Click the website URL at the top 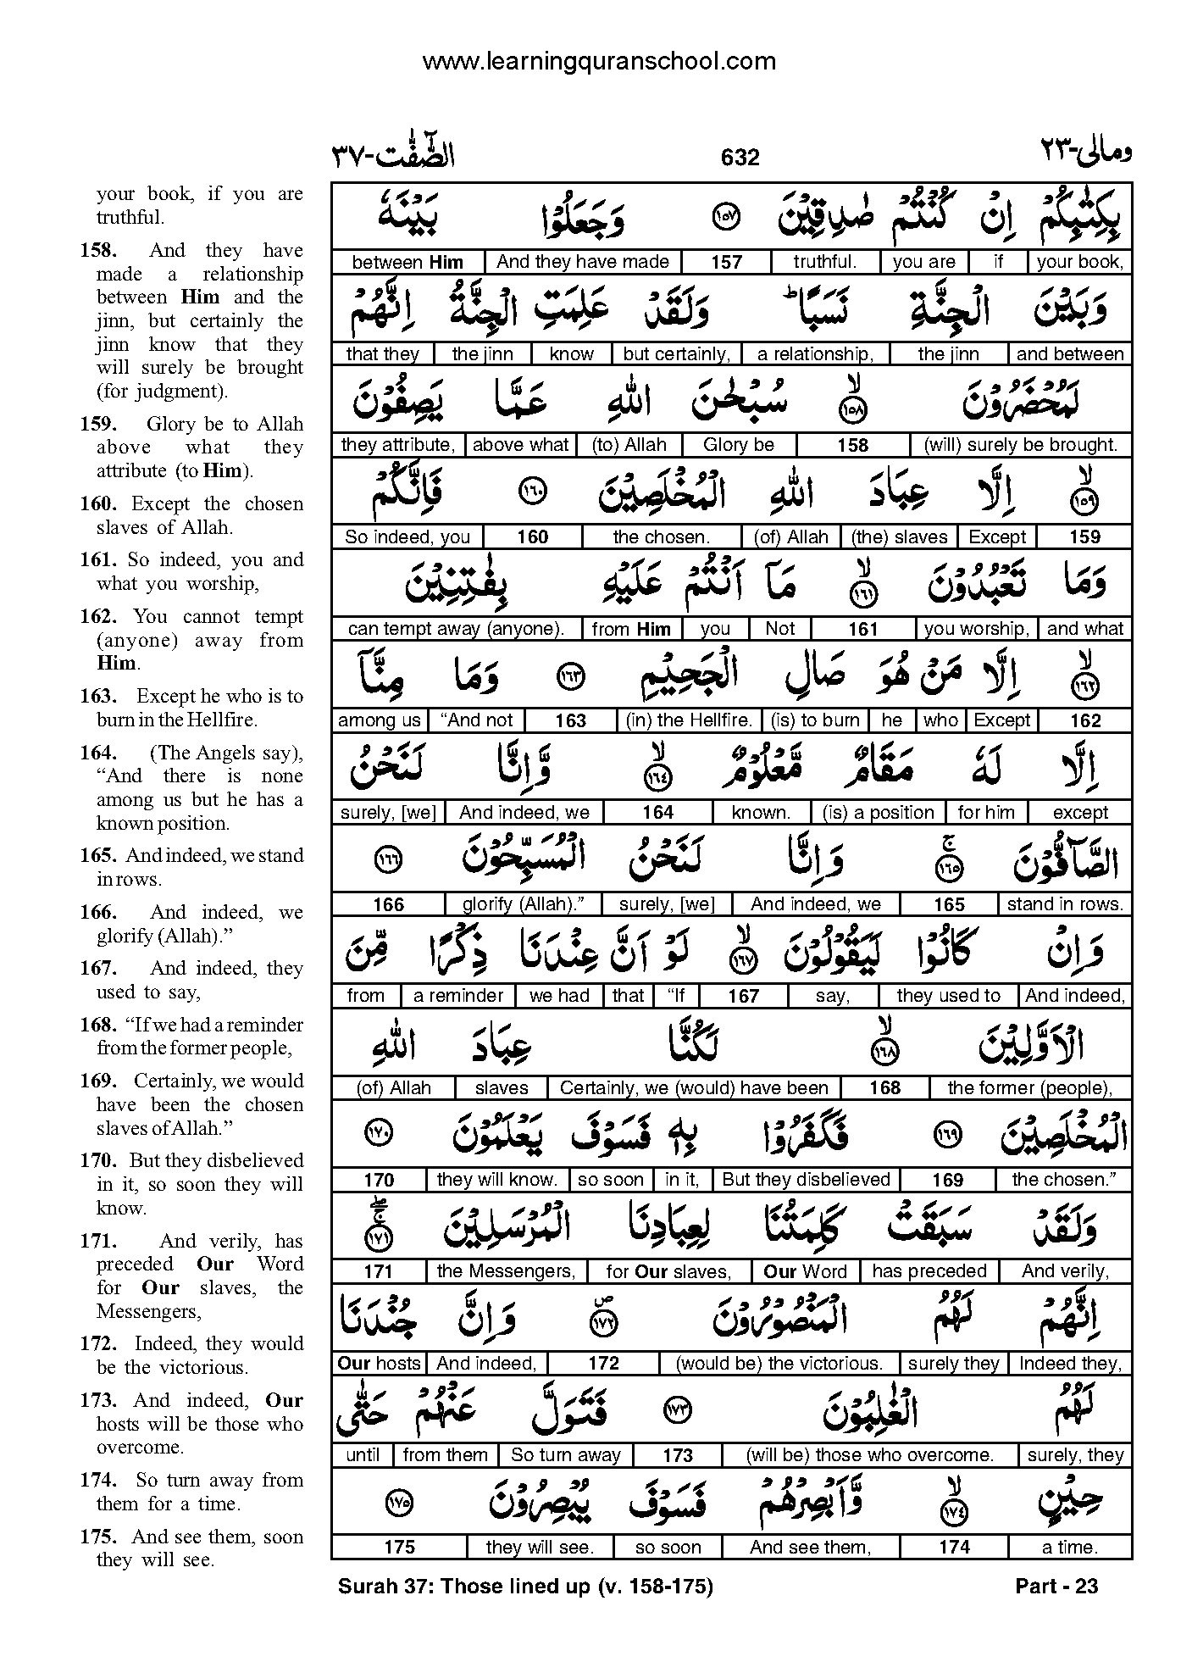tap(598, 61)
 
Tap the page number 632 tap(740, 158)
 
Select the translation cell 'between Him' tap(407, 262)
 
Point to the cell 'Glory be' tap(739, 445)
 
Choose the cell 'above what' tap(521, 445)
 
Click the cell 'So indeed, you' tap(407, 537)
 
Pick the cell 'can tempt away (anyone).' tap(456, 629)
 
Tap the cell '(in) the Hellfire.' tap(689, 720)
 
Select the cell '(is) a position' tap(878, 813)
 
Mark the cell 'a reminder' tap(457, 996)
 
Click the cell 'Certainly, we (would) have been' tap(694, 1088)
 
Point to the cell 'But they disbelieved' tap(806, 1180)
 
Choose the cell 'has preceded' tap(929, 1271)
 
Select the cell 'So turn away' tap(566, 1455)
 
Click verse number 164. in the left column tap(98, 753)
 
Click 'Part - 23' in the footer tap(1056, 1586)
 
